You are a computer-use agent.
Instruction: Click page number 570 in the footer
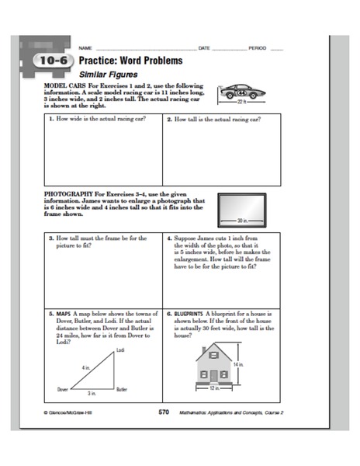click(x=163, y=411)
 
